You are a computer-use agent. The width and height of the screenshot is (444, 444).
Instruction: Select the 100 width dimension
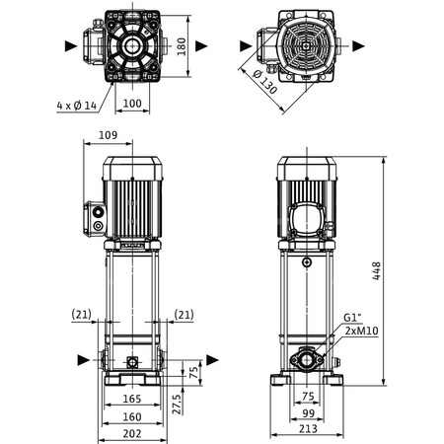[x=131, y=103]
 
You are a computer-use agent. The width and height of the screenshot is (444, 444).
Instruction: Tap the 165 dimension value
[x=130, y=400]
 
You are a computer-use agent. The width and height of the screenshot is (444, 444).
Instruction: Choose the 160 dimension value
[x=130, y=415]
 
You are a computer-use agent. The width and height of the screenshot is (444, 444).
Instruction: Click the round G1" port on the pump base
[x=309, y=360]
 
